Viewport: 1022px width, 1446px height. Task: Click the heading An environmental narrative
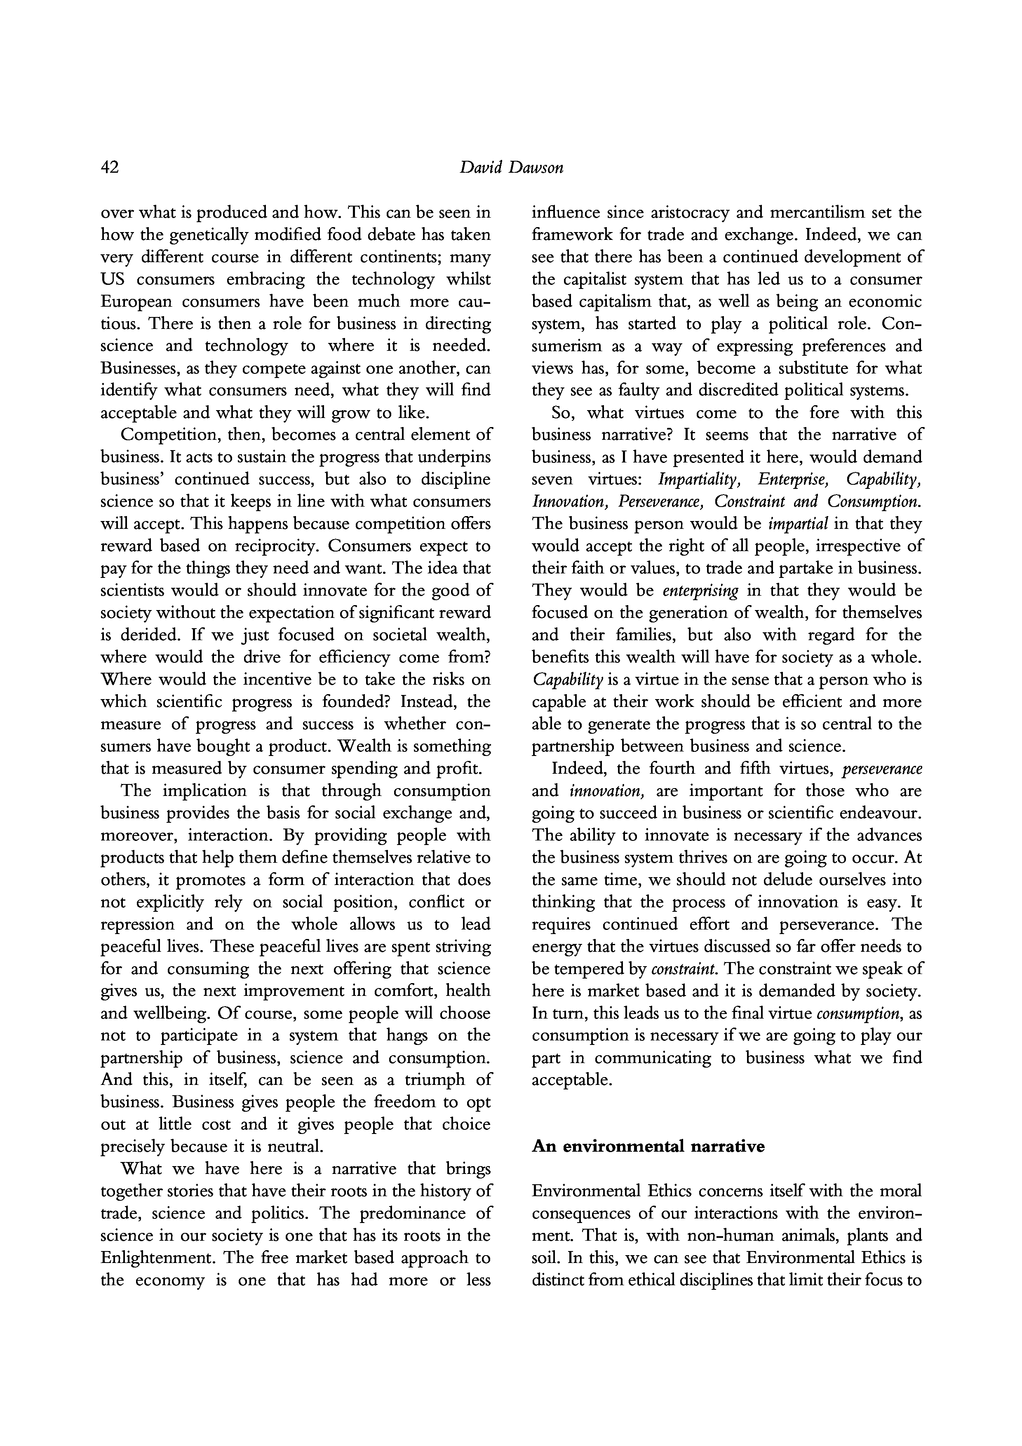point(648,1146)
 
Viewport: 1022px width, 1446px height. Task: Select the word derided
point(146,635)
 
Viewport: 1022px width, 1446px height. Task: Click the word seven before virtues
point(552,479)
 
